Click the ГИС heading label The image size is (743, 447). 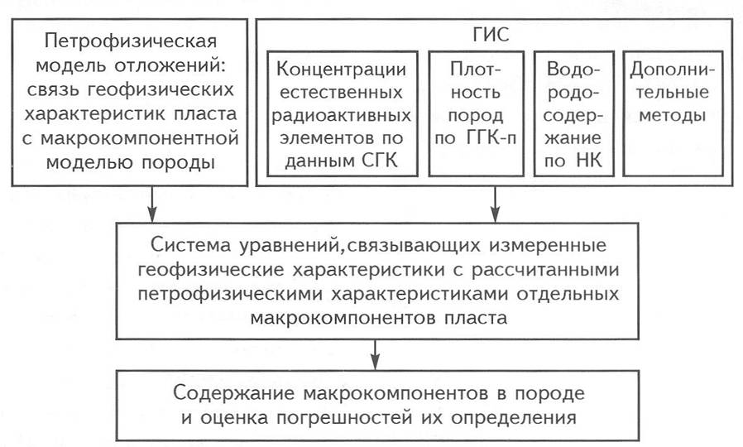coord(491,35)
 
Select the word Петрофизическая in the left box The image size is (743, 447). coord(131,41)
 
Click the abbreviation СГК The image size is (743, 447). coord(380,161)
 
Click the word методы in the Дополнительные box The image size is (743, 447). coord(673,115)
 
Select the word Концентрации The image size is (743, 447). coord(341,70)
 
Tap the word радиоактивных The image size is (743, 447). coord(341,115)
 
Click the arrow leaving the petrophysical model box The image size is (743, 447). coord(152,204)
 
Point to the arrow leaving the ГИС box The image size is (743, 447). coord(495,204)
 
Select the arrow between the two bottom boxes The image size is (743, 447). coord(376,354)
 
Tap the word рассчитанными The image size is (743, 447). coord(545,270)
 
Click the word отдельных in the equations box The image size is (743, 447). coord(568,294)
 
